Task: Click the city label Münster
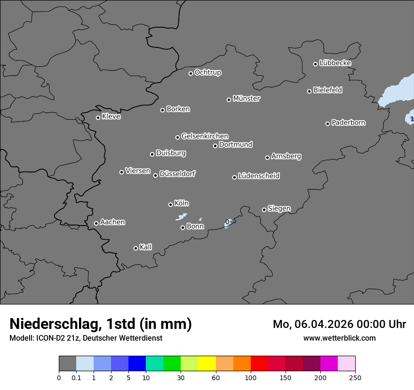(247, 99)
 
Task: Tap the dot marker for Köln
(170, 204)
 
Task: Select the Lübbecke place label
(335, 63)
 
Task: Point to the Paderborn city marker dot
(328, 124)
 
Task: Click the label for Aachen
(112, 222)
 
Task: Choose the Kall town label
(145, 247)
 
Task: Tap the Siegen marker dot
(264, 210)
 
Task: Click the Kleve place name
(111, 117)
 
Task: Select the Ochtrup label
(208, 72)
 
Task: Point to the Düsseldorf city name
(177, 174)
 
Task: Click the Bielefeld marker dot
(310, 91)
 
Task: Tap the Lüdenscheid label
(259, 176)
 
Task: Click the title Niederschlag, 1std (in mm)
(101, 324)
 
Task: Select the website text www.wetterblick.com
(339, 338)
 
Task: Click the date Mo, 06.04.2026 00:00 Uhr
(339, 324)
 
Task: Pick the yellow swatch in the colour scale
(207, 364)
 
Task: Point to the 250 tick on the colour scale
(355, 377)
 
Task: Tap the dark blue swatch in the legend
(137, 364)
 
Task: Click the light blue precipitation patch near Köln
(181, 217)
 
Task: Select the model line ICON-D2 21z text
(86, 338)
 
